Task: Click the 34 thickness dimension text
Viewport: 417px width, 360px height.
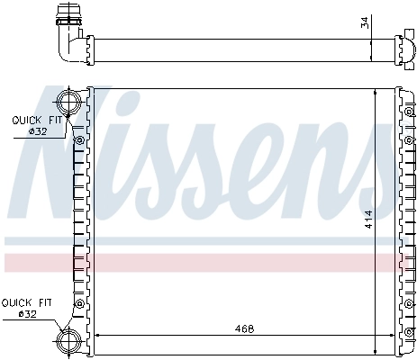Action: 364,22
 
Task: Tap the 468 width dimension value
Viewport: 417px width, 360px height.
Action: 243,328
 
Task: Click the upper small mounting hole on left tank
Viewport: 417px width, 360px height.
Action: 80,140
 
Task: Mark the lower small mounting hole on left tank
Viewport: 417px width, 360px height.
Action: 80,298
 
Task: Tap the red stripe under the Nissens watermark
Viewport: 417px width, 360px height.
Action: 207,262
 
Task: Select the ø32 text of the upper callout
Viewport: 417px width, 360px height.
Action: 37,131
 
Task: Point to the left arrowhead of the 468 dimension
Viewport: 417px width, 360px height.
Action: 97,336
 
